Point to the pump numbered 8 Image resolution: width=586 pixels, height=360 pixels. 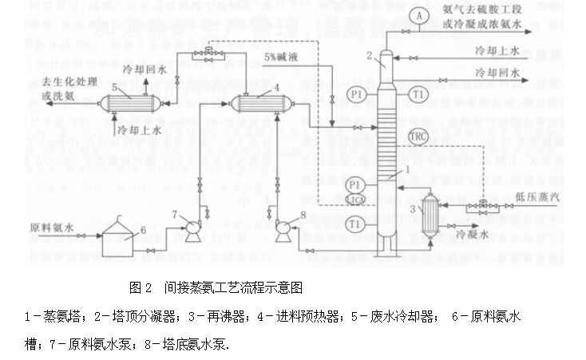coord(282,230)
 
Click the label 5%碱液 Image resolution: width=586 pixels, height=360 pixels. coord(281,59)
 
